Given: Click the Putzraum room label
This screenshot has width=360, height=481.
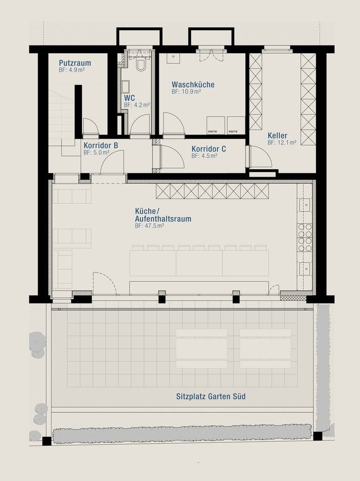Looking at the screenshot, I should point(75,63).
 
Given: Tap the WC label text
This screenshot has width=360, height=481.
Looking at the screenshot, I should point(130,98).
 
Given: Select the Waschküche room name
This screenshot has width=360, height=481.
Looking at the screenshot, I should point(193,84).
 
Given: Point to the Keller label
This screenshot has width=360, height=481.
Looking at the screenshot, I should point(277,135).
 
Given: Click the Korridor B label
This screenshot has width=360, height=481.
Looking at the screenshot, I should point(101,145).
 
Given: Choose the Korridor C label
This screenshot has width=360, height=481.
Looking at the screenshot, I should point(208,149).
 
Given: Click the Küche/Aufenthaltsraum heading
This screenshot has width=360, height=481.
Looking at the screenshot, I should point(163,215).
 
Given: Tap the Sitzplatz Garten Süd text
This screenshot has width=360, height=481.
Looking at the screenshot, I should point(211,396).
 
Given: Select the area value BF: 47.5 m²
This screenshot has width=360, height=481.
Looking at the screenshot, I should point(149,227).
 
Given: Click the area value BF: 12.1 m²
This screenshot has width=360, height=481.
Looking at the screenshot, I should point(282,143).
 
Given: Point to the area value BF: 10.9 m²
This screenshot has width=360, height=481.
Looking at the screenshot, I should point(186,91).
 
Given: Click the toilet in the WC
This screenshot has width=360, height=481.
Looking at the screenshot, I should point(141,66).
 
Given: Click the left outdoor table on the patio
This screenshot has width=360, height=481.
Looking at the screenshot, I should point(201,349).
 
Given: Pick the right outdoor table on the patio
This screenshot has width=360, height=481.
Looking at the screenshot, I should point(265,349).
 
